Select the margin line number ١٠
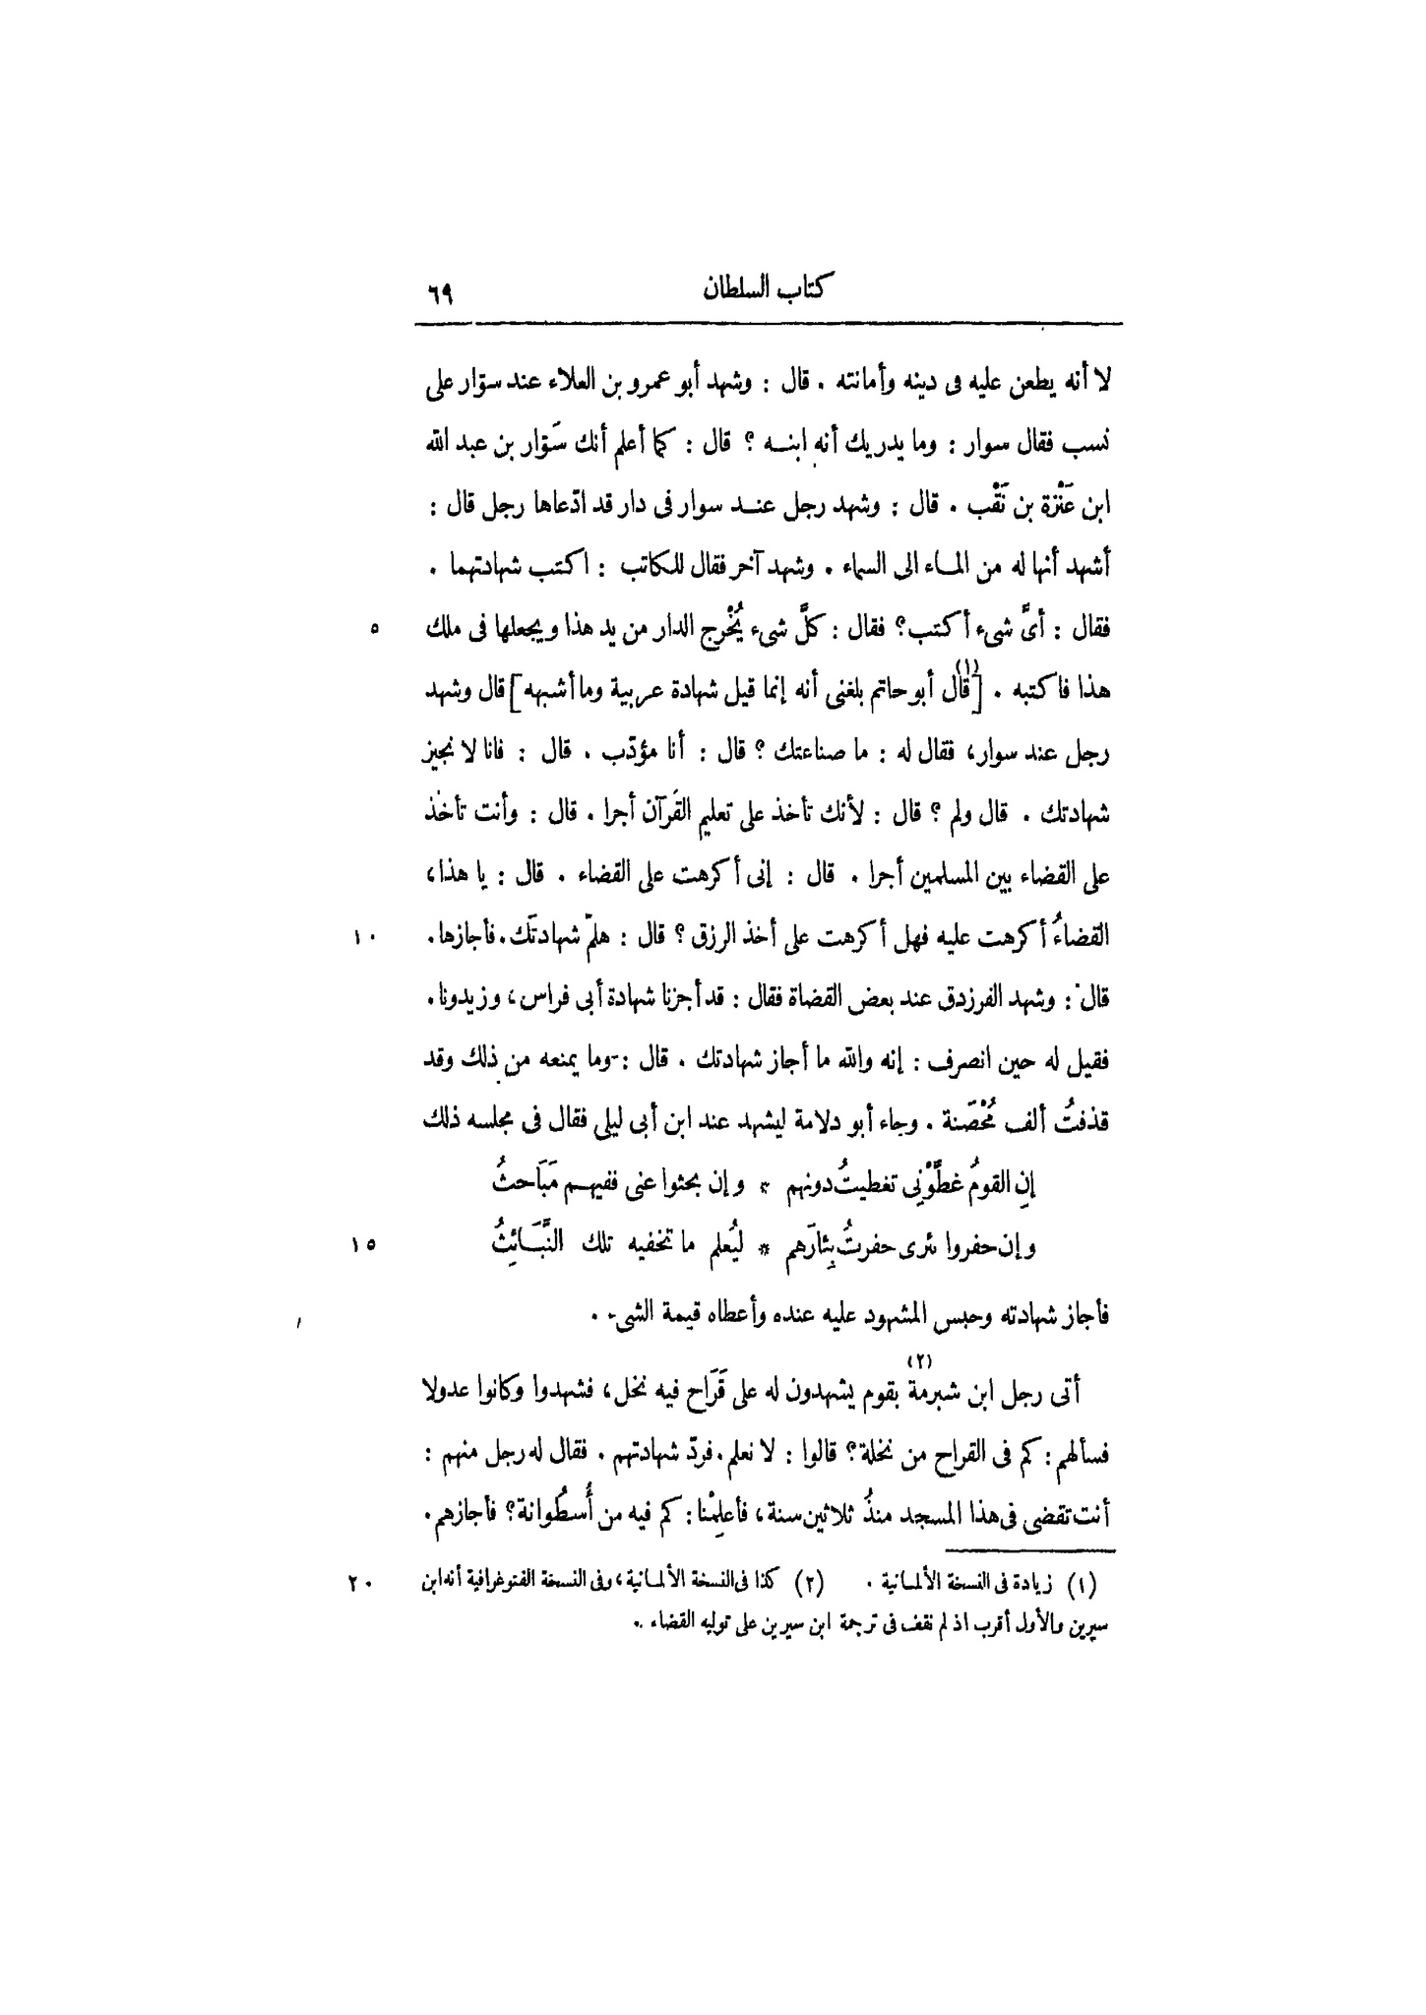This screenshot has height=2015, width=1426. pyautogui.click(x=364, y=939)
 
